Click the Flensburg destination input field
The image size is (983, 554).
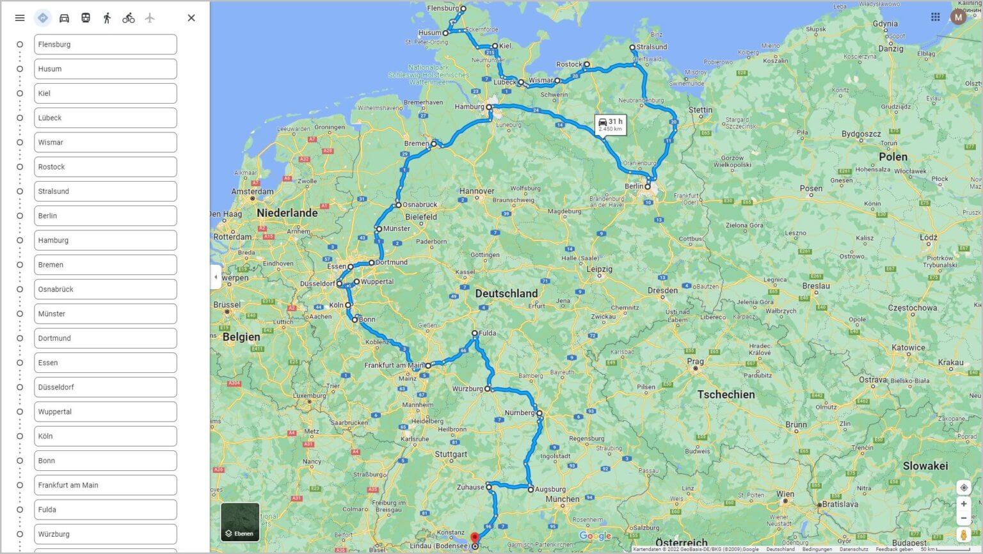(105, 44)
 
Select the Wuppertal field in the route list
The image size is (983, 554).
(105, 411)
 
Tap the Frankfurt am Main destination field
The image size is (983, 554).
(105, 485)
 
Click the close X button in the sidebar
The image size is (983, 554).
(191, 18)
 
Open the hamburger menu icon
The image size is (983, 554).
(20, 18)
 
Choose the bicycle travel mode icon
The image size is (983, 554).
(129, 18)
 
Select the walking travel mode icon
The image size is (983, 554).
(107, 18)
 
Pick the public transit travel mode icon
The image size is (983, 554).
(86, 18)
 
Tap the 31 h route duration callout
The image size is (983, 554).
(610, 124)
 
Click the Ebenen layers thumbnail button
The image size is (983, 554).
(240, 521)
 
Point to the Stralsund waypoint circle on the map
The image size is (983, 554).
(632, 47)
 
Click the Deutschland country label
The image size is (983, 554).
(506, 294)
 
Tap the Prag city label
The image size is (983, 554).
(695, 361)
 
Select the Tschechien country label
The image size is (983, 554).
(726, 395)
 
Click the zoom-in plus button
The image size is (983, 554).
(963, 503)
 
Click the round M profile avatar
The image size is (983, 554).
(958, 17)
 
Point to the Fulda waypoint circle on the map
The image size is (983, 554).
(475, 333)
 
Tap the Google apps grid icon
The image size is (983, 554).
(935, 17)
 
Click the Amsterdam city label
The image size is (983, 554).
(252, 191)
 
